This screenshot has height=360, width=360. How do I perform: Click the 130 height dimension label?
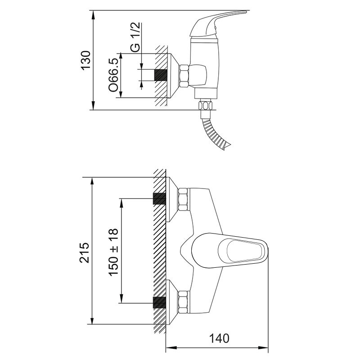tap(86, 60)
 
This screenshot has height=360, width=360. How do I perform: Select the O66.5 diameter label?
tap(114, 75)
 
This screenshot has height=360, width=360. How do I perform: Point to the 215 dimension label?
tap(84, 252)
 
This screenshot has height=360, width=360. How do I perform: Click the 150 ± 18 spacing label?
tap(113, 252)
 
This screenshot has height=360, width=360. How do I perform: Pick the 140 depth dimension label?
tap(219, 338)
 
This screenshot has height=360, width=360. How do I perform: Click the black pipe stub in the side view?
tap(161, 75)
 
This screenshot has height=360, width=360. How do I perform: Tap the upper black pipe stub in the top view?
tap(159, 198)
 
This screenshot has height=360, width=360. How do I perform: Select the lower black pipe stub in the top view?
tap(159, 302)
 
